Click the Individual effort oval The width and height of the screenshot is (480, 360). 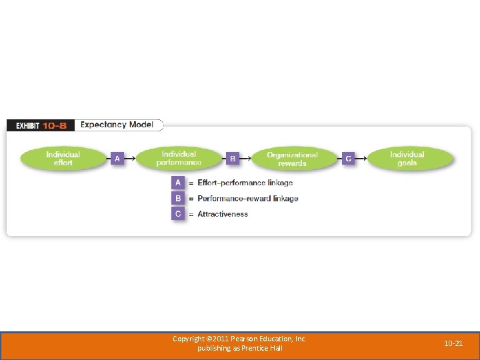(x=63, y=159)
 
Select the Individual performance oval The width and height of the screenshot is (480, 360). (x=179, y=159)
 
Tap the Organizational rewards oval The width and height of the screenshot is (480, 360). (x=292, y=159)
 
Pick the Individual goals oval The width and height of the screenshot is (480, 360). (x=407, y=159)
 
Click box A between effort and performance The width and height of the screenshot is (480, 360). (x=117, y=159)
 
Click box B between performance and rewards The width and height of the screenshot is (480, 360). (x=233, y=159)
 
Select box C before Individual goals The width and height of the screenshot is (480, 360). (x=348, y=159)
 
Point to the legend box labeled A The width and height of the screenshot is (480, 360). (x=178, y=182)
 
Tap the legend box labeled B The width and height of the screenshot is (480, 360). (x=178, y=198)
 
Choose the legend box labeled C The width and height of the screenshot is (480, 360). (x=178, y=214)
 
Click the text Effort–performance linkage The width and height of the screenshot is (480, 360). (x=245, y=183)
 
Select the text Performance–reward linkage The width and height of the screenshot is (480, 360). (x=247, y=199)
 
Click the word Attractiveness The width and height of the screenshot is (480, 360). (x=223, y=214)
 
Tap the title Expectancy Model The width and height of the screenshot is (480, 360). (x=117, y=125)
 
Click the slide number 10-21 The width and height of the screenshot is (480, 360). (x=453, y=343)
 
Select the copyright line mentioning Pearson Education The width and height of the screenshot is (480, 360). (x=239, y=339)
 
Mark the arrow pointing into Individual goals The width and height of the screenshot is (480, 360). (x=361, y=159)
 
